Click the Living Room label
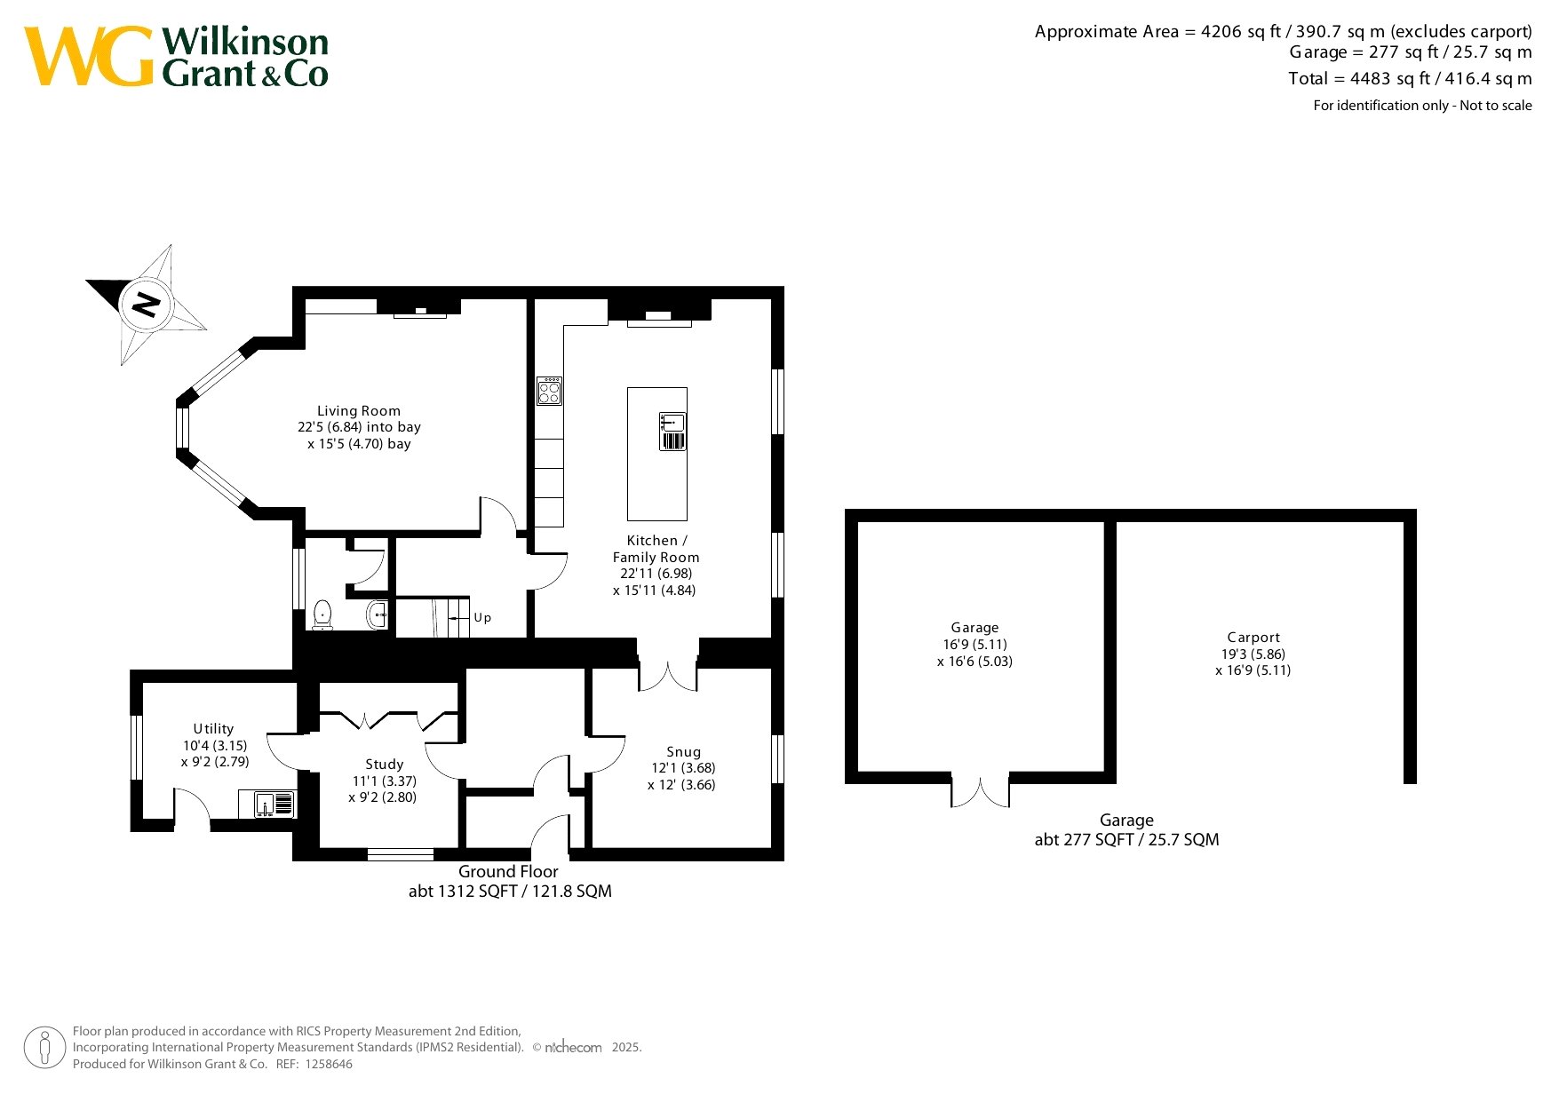coord(359,411)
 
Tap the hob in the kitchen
coord(549,391)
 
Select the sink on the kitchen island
coord(672,432)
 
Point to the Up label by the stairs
coord(482,618)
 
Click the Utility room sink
coord(266,805)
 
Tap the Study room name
coord(385,765)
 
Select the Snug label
coord(684,752)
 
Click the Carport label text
coord(1253,638)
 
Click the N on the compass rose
coord(145,305)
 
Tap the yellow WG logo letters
coord(89,56)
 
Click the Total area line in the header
coord(1410,78)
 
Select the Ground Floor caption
coord(508,872)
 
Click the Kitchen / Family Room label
coord(656,549)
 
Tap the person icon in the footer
coord(44,1048)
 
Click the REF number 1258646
coord(329,1064)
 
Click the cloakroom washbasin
coord(377,614)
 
